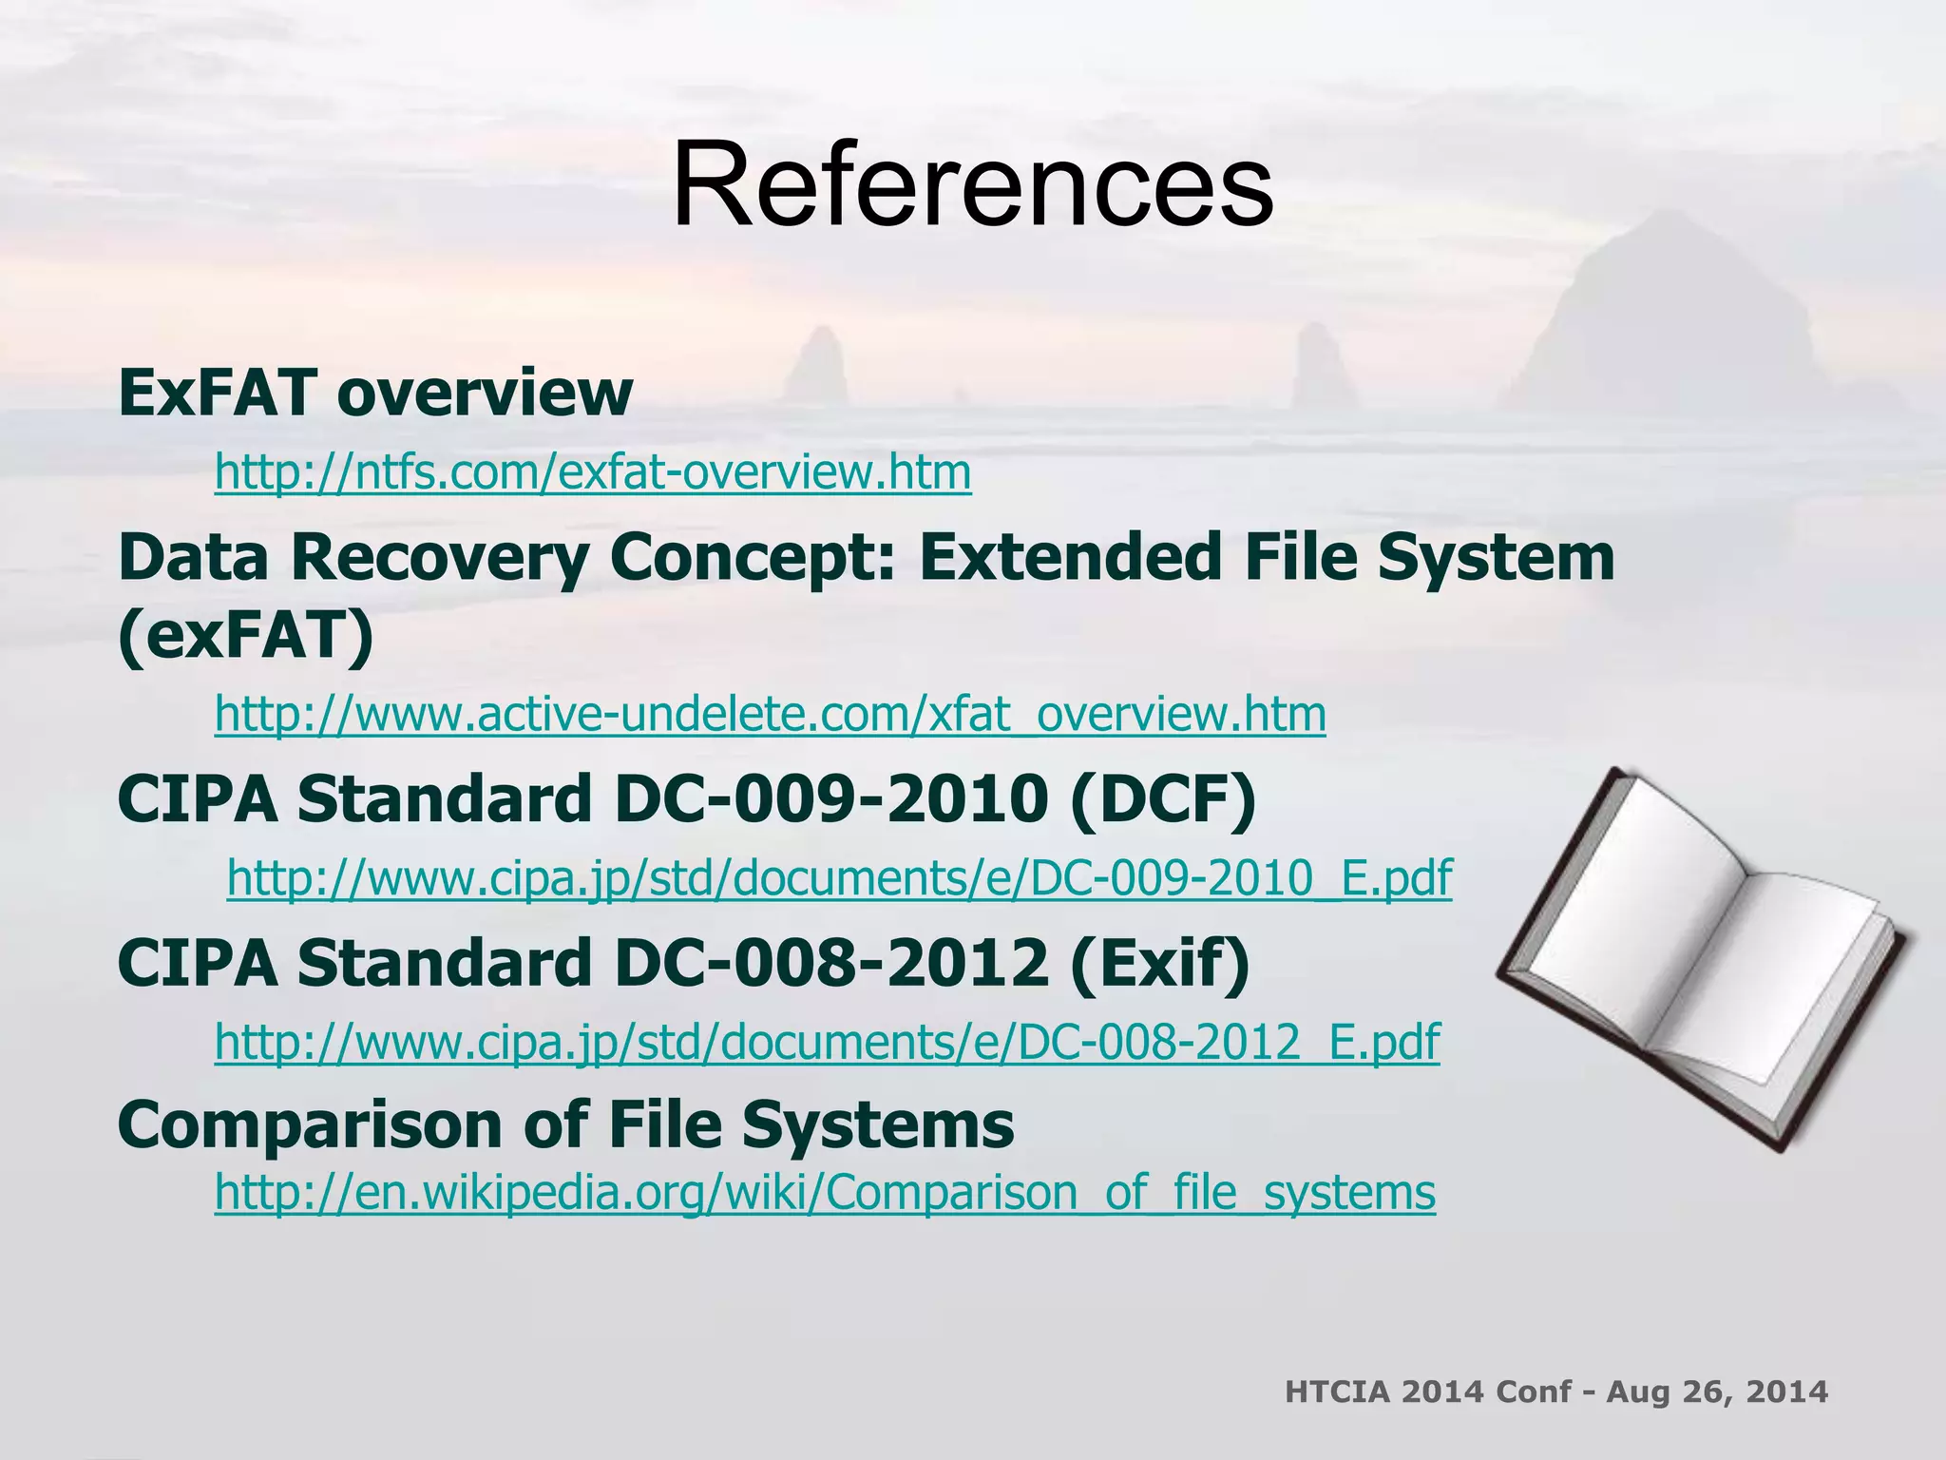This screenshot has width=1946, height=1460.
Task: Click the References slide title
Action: pyautogui.click(x=972, y=184)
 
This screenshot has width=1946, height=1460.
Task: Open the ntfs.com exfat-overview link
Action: pyautogui.click(x=593, y=472)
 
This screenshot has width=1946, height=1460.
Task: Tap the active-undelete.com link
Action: pyautogui.click(x=770, y=715)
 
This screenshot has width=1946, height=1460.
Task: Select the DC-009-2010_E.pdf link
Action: pyautogui.click(x=839, y=878)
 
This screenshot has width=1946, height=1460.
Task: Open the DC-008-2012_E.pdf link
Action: pyautogui.click(x=827, y=1042)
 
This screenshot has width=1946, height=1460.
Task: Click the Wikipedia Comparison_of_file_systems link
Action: pyautogui.click(x=825, y=1193)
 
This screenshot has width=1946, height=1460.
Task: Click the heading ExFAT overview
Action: pyautogui.click(x=375, y=392)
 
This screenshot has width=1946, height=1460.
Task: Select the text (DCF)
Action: pyautogui.click(x=1162, y=799)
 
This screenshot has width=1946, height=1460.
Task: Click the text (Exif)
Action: pyautogui.click(x=1159, y=963)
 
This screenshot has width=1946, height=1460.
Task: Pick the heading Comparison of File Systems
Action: pyautogui.click(x=565, y=1124)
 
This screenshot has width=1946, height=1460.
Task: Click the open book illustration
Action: pyautogui.click(x=1701, y=960)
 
